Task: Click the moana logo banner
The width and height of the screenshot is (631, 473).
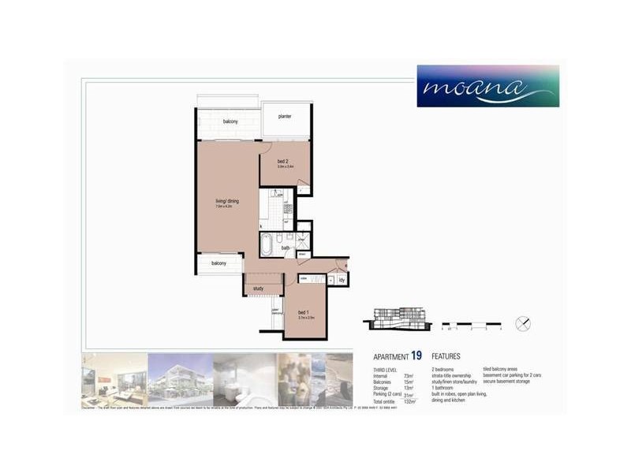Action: point(488,86)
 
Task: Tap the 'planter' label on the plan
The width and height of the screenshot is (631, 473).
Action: point(284,117)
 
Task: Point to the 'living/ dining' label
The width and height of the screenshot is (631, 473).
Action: point(226,202)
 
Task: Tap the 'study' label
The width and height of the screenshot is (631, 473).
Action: point(259,289)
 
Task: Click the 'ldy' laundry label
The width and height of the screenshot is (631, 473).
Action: point(342,279)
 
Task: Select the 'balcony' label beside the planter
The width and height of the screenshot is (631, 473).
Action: point(230,121)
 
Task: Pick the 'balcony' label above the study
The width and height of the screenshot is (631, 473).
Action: point(218,263)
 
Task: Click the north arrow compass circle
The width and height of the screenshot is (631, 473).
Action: point(522,323)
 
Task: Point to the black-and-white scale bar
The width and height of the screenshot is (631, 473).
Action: point(471,323)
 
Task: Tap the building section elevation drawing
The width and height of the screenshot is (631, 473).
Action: point(396,318)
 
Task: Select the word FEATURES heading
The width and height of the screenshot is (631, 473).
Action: point(446,357)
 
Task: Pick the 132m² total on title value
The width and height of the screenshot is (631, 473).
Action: point(409,401)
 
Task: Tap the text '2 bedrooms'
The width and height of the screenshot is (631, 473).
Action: point(445,370)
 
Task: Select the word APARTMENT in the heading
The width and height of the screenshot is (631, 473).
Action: point(390,357)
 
